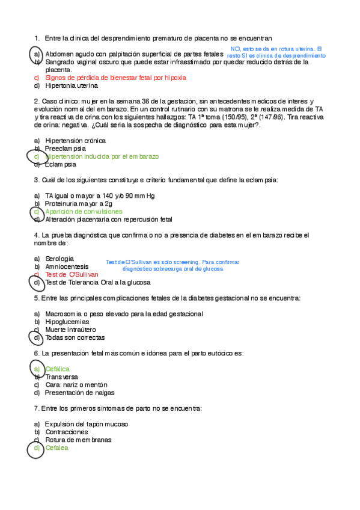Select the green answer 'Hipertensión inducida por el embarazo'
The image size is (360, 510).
pyautogui.click(x=102, y=156)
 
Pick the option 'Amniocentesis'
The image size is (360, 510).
pyautogui.click(x=67, y=266)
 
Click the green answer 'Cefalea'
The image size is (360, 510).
pyautogui.click(x=57, y=447)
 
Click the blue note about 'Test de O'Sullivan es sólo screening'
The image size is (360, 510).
pyautogui.click(x=172, y=265)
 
